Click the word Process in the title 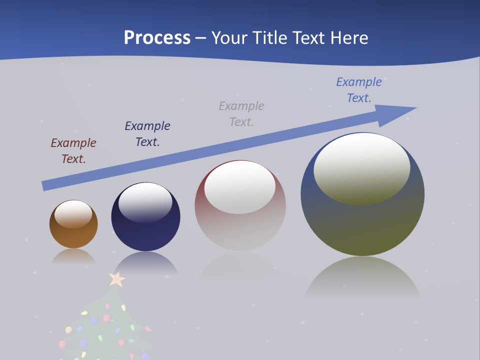[x=157, y=37]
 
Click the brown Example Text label [x=73, y=151]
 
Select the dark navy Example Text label [x=147, y=134]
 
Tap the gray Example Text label [x=241, y=114]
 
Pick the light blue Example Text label [x=359, y=90]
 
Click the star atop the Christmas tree [x=117, y=279]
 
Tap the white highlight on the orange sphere [x=73, y=213]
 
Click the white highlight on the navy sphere [x=145, y=201]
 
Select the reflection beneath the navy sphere [x=145, y=262]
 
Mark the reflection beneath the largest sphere [x=362, y=277]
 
